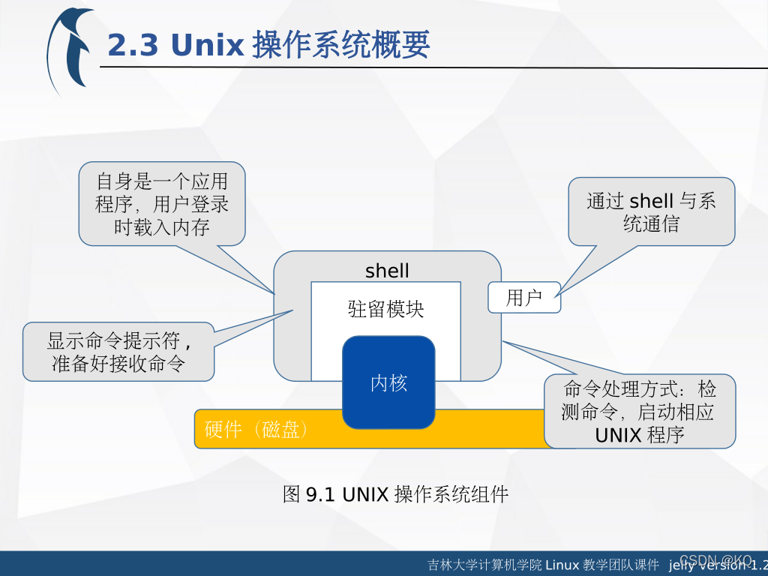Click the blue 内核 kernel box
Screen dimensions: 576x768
click(x=388, y=382)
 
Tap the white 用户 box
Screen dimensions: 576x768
click(x=524, y=298)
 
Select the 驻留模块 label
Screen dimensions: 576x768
click(x=385, y=309)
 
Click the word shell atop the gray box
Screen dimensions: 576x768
click(x=387, y=271)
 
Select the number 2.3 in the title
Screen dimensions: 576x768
click(x=133, y=46)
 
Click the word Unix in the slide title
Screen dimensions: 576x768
click(x=208, y=46)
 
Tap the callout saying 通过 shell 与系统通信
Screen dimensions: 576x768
click(x=651, y=212)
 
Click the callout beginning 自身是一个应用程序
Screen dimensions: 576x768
click(x=162, y=204)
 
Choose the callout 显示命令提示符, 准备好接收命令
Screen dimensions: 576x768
click(x=118, y=352)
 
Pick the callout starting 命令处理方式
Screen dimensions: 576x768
click(x=640, y=411)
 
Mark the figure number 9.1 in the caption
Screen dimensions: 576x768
click(x=320, y=494)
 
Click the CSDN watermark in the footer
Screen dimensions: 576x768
click(x=715, y=561)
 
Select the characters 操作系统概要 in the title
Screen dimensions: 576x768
click(x=340, y=46)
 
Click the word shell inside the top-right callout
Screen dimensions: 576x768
click(x=651, y=201)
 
